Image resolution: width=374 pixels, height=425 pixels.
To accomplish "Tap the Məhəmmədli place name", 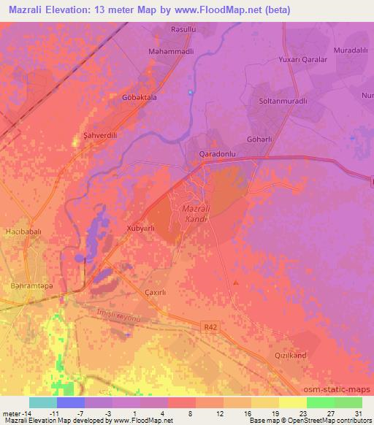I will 169,53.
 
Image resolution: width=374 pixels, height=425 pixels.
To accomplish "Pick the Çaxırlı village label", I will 157,292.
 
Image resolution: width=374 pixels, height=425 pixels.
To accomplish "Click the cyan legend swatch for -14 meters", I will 42,402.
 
